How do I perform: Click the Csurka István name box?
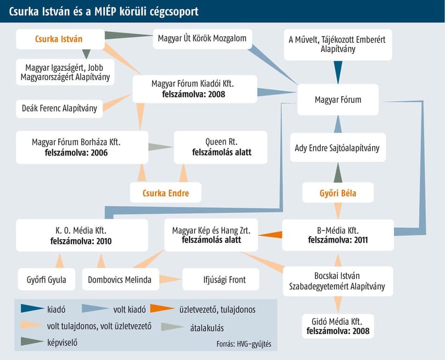[60, 39]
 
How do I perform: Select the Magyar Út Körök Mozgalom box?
[202, 39]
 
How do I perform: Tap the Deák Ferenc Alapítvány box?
[59, 108]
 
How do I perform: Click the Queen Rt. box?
[220, 147]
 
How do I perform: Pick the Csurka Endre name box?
[165, 192]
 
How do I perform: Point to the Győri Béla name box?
[338, 192]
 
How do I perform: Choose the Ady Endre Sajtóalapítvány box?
[338, 147]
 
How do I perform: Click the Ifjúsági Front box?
[221, 279]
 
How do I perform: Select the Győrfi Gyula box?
[47, 279]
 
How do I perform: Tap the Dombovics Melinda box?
[121, 279]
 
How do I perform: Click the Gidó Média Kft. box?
[338, 326]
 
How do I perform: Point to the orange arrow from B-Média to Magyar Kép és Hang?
[270, 235]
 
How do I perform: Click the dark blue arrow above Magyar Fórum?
[338, 72]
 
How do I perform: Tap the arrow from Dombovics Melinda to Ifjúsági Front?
[171, 279]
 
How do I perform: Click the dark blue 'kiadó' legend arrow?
[32, 308]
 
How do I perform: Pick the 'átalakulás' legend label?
[207, 328]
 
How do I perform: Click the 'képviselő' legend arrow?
[32, 341]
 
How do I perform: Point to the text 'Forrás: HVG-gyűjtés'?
[244, 344]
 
